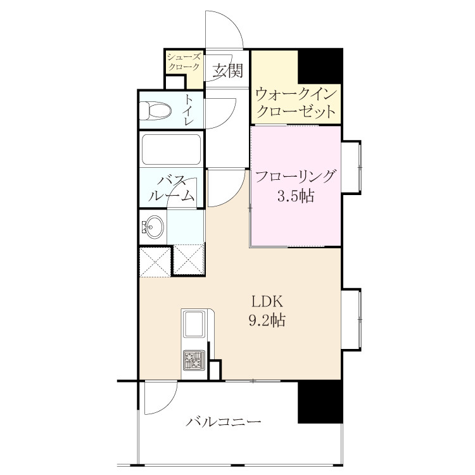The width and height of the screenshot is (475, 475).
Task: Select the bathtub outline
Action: [172, 149]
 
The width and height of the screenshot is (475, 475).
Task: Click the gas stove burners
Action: [194, 360]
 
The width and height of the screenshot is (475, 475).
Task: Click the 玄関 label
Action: [227, 70]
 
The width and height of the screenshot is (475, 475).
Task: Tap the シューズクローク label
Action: [184, 62]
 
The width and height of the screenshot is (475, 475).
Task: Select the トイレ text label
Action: [189, 110]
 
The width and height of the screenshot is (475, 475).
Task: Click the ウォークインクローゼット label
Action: [296, 103]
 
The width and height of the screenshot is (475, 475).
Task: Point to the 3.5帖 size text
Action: [296, 196]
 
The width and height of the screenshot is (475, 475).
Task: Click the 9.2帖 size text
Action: [267, 320]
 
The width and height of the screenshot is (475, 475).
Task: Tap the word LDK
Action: [267, 302]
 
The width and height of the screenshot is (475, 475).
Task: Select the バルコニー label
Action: [224, 422]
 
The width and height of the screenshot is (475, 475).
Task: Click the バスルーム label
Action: [171, 189]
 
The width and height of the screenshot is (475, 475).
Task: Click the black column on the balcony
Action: [320, 402]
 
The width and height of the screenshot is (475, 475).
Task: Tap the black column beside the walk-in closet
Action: [320, 66]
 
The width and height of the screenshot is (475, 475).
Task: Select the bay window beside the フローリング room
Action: [351, 167]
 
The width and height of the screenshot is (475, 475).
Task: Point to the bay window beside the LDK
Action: [351, 320]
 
